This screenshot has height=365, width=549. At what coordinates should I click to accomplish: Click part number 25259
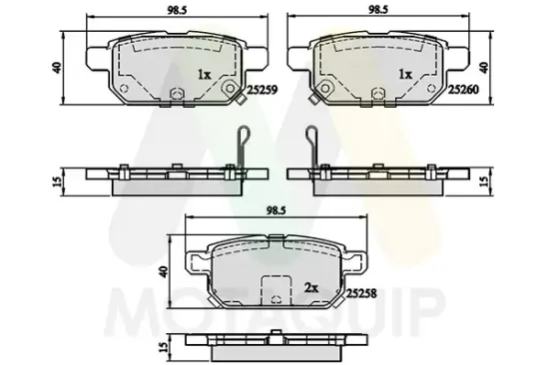click(x=263, y=91)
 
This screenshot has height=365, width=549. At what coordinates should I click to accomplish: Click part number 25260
click(x=463, y=90)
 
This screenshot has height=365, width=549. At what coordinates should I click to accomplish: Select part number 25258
click(x=361, y=293)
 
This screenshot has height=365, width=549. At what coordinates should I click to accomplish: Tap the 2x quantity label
click(x=310, y=288)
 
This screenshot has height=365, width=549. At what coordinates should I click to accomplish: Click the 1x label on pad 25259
click(x=204, y=75)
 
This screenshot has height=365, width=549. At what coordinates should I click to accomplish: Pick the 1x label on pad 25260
click(x=406, y=75)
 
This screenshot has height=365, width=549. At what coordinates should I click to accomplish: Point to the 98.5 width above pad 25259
click(x=177, y=10)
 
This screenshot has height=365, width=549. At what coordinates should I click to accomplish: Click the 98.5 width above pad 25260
click(x=377, y=10)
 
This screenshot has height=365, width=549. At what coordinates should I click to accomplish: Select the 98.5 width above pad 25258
click(x=276, y=210)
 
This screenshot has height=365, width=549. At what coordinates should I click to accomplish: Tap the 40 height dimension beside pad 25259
click(x=56, y=67)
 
